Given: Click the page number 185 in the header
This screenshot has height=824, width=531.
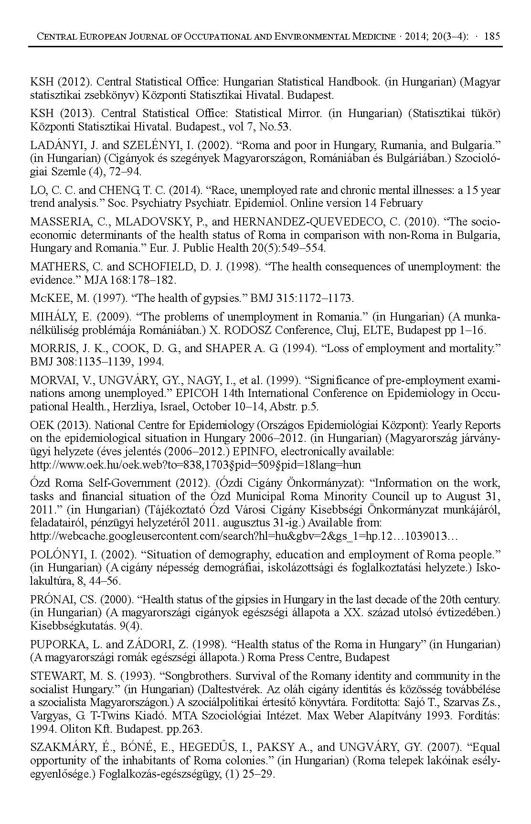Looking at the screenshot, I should tap(492, 36).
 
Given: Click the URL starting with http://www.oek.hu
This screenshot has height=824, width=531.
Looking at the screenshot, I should tap(195, 465).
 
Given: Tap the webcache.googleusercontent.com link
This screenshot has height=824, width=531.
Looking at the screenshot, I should tap(244, 536).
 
